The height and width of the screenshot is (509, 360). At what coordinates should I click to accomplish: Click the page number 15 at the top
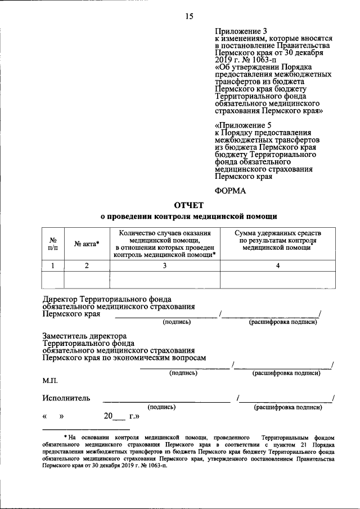pyautogui.click(x=189, y=16)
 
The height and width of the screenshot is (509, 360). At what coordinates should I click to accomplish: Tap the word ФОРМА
pyautogui.click(x=231, y=191)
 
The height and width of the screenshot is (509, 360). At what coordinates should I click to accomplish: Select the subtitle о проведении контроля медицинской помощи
pyautogui.click(x=188, y=216)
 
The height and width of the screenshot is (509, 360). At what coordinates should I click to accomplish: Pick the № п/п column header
pyautogui.click(x=52, y=244)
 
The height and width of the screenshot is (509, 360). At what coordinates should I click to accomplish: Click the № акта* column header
pyautogui.click(x=87, y=244)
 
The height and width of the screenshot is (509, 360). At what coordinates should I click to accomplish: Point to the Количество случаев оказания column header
pyautogui.click(x=164, y=233)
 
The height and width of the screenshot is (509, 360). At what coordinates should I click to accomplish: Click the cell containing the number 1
pyautogui.click(x=52, y=265)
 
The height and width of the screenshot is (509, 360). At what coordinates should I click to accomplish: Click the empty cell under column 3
pyautogui.click(x=164, y=280)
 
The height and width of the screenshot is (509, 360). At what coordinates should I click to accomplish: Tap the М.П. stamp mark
pyautogui.click(x=50, y=381)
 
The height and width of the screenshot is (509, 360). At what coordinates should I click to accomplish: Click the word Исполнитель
pyautogui.click(x=66, y=399)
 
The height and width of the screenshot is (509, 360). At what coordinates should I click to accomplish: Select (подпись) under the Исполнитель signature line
pyautogui.click(x=161, y=407)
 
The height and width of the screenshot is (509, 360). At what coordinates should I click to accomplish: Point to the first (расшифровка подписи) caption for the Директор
pyautogui.click(x=283, y=322)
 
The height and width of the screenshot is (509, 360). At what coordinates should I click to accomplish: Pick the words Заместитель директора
pyautogui.click(x=84, y=336)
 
